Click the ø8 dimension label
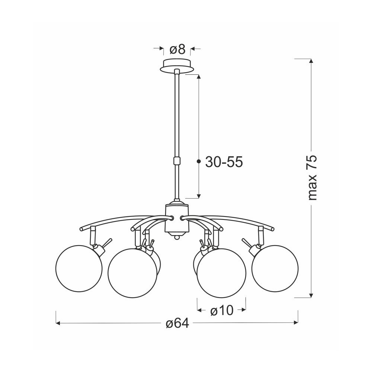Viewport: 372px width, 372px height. point(177,50)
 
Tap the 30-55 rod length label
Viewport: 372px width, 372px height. point(224,162)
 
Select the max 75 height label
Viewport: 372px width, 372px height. point(312,178)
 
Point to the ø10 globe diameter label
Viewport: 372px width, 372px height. point(222,310)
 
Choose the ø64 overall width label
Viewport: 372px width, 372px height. point(177,323)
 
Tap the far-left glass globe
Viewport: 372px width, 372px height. point(79,268)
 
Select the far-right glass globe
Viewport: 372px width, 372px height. point(275,268)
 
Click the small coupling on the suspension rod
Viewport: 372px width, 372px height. point(177,161)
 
